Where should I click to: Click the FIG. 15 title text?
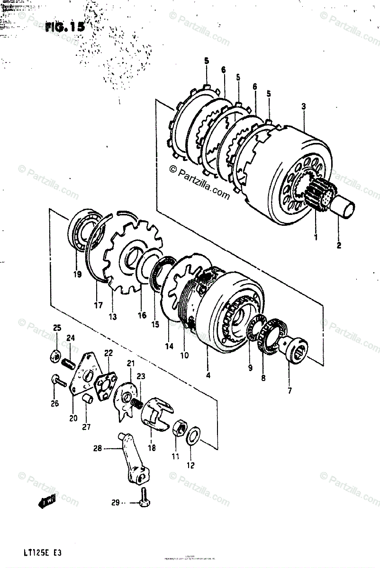pyautogui.click(x=65, y=27)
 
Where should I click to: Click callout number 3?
pyautogui.click(x=303, y=106)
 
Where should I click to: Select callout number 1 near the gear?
pyautogui.click(x=316, y=237)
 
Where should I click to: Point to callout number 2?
pyautogui.click(x=338, y=245)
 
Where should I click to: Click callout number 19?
pyautogui.click(x=77, y=274)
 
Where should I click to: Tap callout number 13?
pyautogui.click(x=113, y=317)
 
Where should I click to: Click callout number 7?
pyautogui.click(x=290, y=390)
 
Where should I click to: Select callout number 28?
pyautogui.click(x=98, y=448)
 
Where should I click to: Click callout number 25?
pyautogui.click(x=57, y=328)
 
